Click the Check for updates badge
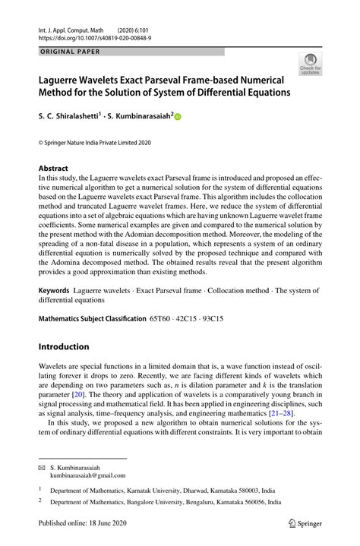point(309,64)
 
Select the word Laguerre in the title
point(69,79)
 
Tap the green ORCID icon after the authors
point(179,117)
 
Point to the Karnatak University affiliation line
point(166,491)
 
